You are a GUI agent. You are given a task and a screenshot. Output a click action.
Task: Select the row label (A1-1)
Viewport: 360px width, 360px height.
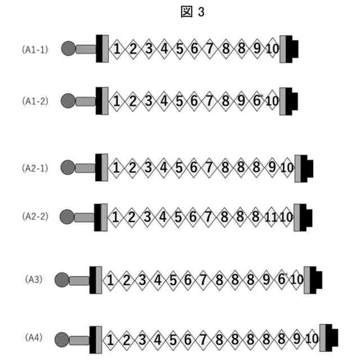[35, 49]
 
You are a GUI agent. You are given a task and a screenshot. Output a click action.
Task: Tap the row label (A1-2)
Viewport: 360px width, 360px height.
[35, 101]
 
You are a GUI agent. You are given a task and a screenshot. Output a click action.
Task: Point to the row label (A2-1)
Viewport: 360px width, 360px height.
[35, 168]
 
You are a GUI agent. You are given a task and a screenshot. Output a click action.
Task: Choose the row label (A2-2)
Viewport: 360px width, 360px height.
[35, 217]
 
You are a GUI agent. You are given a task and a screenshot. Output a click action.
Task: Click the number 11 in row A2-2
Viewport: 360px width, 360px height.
[271, 217]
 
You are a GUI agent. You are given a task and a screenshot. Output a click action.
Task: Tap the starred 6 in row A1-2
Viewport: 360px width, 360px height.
[257, 101]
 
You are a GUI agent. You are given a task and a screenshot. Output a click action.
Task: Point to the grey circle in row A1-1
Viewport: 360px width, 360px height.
[68, 49]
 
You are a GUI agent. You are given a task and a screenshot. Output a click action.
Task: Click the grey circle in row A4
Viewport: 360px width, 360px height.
[61, 339]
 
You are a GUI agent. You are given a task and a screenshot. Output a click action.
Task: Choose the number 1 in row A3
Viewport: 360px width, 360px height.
[111, 280]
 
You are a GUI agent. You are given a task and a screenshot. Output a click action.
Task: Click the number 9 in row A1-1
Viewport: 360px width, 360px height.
[257, 49]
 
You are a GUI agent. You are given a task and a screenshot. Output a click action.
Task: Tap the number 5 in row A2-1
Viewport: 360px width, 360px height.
[178, 168]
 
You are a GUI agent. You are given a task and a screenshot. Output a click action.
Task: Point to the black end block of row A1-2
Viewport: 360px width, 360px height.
[292, 101]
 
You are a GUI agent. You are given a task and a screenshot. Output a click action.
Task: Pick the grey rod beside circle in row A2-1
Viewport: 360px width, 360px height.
[85, 168]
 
